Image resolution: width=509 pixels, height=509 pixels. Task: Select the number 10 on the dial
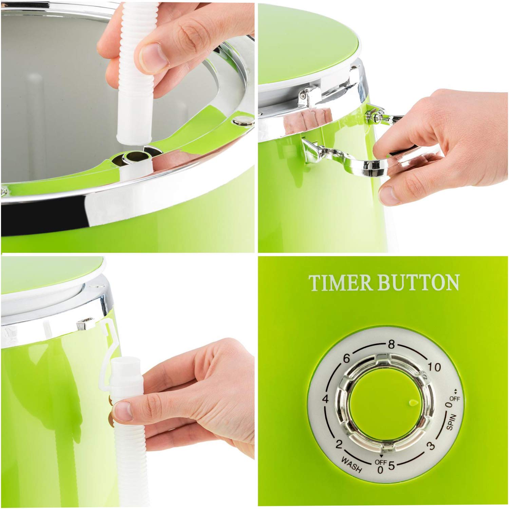click(434, 367)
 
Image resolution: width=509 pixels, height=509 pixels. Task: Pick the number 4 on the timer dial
click(326, 399)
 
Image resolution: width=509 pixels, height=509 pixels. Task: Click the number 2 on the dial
click(338, 444)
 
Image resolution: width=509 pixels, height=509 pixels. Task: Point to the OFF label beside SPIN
click(455, 399)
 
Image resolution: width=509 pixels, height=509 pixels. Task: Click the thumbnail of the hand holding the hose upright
click(127, 126)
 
